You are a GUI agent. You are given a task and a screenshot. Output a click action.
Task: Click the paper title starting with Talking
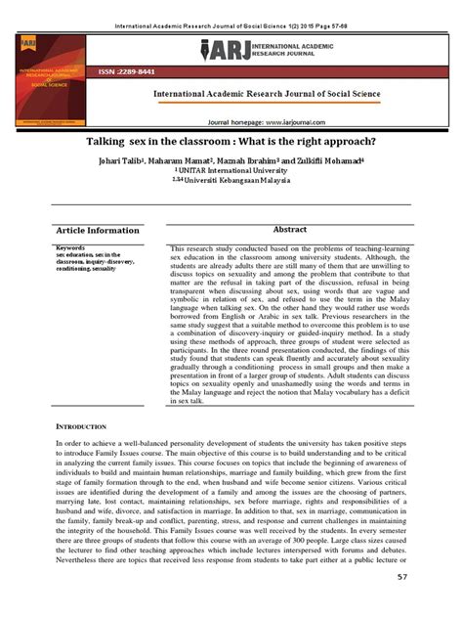231,143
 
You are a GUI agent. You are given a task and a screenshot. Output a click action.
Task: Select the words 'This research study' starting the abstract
205,249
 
